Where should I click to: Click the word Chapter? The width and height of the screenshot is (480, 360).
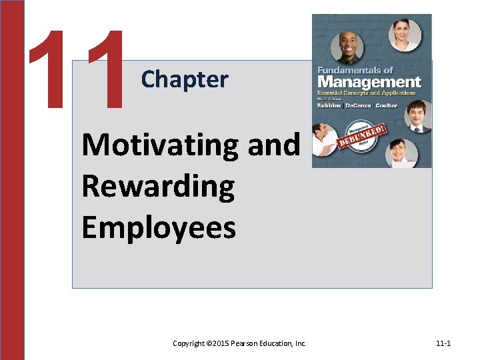tap(185, 80)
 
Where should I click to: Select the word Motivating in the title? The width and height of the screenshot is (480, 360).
tap(160, 145)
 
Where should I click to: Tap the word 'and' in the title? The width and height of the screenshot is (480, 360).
tap(274, 145)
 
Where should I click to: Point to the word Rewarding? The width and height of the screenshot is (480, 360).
tap(158, 187)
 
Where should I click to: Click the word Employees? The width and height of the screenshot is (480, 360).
tap(159, 227)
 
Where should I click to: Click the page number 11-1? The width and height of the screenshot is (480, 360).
tap(443, 343)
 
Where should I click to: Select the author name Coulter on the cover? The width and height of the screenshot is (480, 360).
tap(386, 105)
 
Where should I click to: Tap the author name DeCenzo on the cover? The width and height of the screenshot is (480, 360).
tap(359, 105)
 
